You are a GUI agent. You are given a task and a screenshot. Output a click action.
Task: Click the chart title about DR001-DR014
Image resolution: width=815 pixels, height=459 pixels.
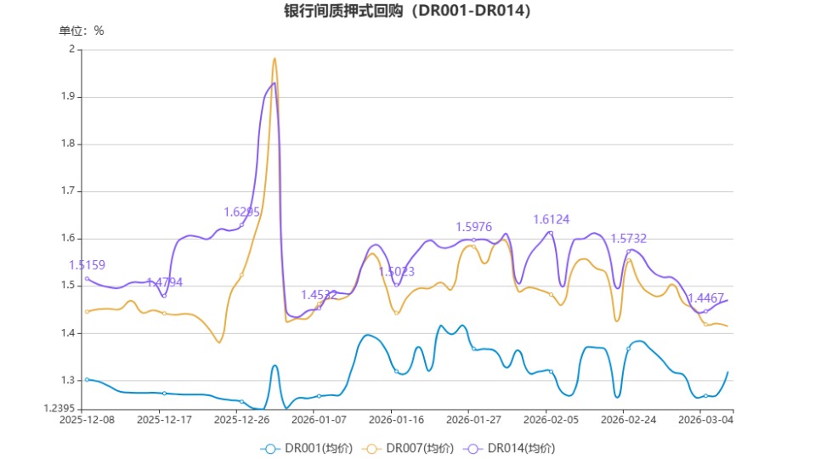(x=407, y=11)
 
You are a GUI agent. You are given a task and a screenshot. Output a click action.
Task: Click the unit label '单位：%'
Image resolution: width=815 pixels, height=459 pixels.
(x=82, y=31)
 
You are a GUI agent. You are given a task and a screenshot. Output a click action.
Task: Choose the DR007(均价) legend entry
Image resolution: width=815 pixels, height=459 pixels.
(x=408, y=448)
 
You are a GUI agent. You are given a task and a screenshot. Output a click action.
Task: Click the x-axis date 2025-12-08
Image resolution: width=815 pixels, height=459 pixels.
(x=87, y=420)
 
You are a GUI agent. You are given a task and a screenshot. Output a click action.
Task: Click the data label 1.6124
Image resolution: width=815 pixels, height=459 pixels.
(x=552, y=219)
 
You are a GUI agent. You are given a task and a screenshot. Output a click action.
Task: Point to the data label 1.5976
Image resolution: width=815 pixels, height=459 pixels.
(x=474, y=227)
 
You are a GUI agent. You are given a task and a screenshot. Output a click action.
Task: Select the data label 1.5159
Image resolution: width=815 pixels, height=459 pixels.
(x=87, y=265)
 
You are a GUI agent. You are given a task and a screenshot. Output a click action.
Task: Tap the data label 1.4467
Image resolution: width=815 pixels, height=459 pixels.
(x=705, y=298)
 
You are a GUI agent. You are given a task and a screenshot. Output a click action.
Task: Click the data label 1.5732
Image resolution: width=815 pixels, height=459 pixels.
(x=629, y=239)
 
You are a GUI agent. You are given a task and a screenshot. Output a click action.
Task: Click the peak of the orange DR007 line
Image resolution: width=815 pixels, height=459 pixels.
(x=274, y=59)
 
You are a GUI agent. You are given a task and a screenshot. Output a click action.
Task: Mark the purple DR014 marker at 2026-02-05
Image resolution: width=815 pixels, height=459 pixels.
(x=551, y=233)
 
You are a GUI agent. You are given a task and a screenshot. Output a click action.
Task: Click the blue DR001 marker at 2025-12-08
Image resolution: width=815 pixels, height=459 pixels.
(x=87, y=379)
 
